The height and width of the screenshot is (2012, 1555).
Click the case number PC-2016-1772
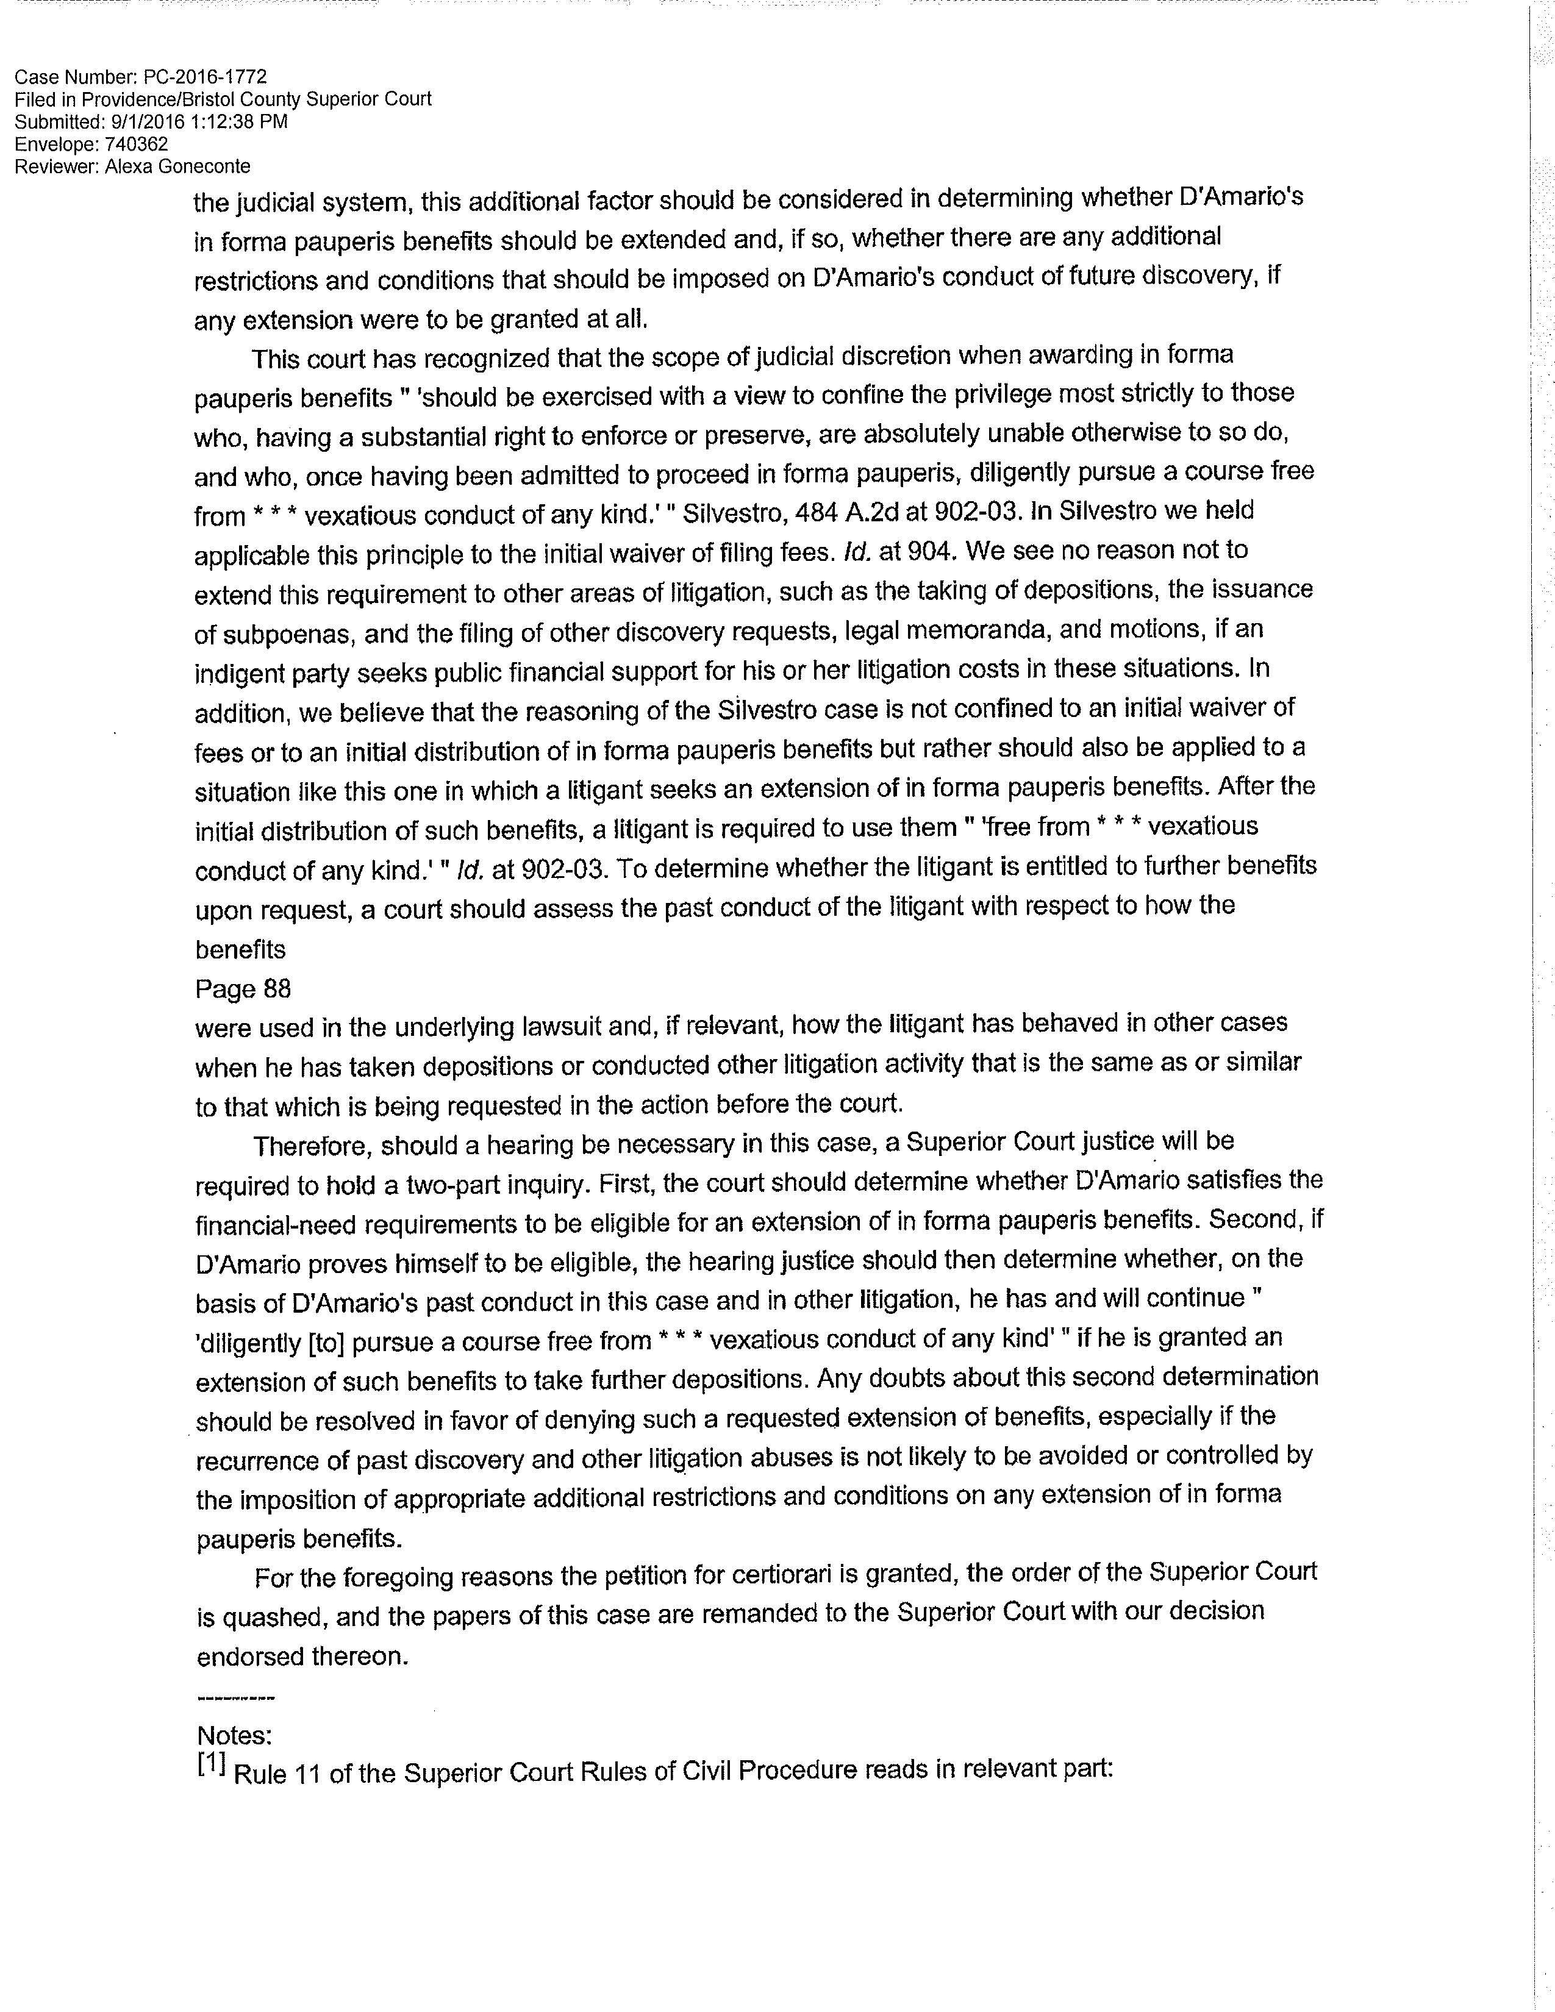click(206, 77)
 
